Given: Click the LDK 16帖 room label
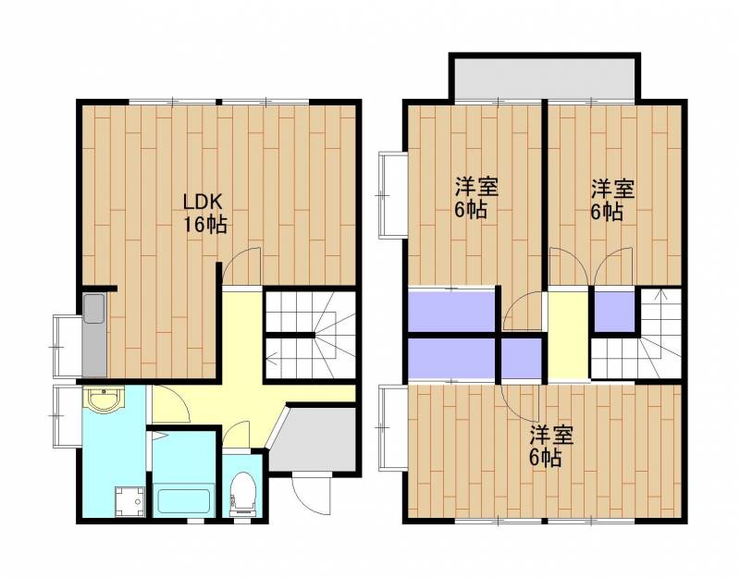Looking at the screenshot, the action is tap(204, 214).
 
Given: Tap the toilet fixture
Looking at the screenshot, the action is tap(243, 494).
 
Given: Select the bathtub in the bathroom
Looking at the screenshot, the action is tap(183, 500).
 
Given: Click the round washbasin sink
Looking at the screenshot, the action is tap(104, 400).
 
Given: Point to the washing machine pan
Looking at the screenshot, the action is tap(129, 502).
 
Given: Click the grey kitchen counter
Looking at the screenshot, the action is tap(94, 335).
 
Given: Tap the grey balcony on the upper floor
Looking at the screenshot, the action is tap(545, 79).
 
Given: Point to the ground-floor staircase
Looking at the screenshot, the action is tap(310, 335).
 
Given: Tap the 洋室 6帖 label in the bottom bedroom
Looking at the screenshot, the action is tap(549, 447).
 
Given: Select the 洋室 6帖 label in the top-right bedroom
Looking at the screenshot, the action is tap(612, 200).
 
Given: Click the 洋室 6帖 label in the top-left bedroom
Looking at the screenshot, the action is tap(475, 198).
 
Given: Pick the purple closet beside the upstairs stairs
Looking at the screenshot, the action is tap(614, 312).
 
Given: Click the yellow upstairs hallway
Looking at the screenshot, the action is tap(568, 335).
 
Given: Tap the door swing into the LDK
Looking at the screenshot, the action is tap(241, 266).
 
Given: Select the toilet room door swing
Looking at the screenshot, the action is tap(236, 435).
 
